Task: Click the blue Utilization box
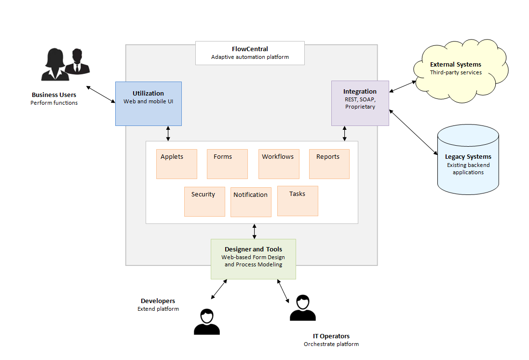click(x=148, y=103)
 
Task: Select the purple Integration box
click(x=360, y=103)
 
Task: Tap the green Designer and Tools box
click(x=253, y=259)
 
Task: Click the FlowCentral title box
click(x=250, y=53)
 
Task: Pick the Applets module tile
click(x=176, y=164)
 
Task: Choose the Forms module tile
click(x=227, y=164)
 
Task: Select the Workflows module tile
click(x=278, y=164)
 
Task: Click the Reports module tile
click(x=329, y=164)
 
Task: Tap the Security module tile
click(x=204, y=202)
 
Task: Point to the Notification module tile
click(x=251, y=202)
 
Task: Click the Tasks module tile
click(x=298, y=201)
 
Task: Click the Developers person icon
click(x=207, y=322)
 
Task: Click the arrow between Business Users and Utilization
click(x=101, y=95)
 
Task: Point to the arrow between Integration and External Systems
click(x=403, y=86)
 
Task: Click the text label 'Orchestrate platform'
click(x=331, y=344)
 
